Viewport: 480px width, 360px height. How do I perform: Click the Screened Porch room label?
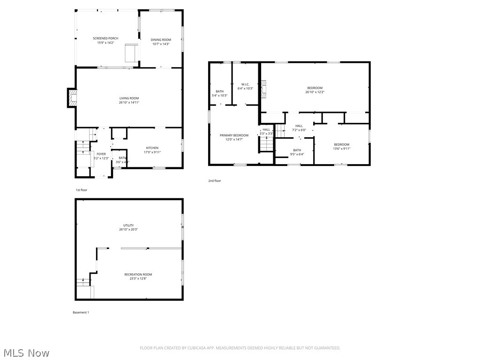[105, 38]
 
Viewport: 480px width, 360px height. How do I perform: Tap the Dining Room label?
[160, 40]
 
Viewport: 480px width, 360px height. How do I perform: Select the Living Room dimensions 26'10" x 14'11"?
[129, 102]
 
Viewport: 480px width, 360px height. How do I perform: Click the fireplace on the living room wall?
[72, 98]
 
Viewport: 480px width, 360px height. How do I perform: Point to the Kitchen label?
[152, 148]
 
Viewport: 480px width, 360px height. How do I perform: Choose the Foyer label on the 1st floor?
[101, 154]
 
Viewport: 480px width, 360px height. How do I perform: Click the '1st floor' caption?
[81, 190]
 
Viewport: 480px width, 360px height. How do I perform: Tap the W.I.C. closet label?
[245, 84]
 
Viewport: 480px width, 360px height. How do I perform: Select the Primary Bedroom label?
[234, 135]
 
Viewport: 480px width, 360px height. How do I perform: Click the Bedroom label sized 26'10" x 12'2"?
[315, 88]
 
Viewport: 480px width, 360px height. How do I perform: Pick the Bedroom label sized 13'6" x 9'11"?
[341, 144]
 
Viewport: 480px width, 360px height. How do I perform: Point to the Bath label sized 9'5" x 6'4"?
[297, 150]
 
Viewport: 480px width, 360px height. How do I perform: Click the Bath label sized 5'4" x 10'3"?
[219, 91]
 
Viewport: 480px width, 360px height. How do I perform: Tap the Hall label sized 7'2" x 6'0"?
[299, 126]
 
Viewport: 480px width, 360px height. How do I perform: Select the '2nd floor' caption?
[214, 180]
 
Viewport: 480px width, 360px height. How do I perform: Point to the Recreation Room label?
[138, 274]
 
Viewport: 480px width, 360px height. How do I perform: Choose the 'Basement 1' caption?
[81, 312]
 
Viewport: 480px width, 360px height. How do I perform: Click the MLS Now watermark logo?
[26, 352]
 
